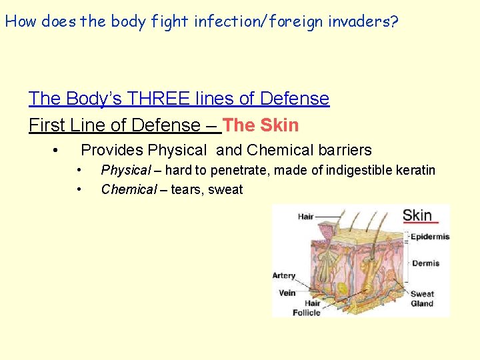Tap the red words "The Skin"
261,125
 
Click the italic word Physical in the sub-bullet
126,171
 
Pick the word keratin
416,171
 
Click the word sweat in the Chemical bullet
225,190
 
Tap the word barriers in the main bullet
340,151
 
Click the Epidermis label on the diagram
429,237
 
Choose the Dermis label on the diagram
425,263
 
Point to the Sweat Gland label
422,299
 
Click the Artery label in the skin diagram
284,275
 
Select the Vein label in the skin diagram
287,293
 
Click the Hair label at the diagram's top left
305,216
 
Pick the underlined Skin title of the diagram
418,215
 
